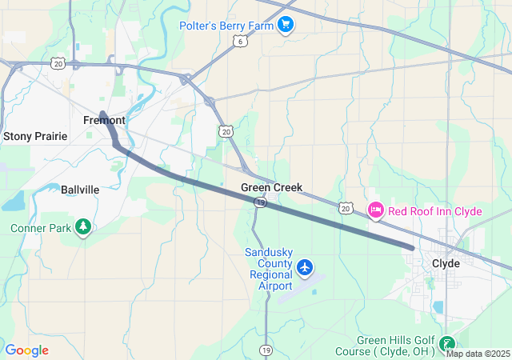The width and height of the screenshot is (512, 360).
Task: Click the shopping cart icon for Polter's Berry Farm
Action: pos(286,24)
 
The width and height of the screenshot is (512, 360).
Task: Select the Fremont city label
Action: pos(103,120)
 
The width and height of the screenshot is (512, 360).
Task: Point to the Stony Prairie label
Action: pos(35,136)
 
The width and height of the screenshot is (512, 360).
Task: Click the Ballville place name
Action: pos(80,190)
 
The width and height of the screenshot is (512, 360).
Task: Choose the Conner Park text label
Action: pos(42,228)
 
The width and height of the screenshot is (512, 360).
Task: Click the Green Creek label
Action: pos(272,187)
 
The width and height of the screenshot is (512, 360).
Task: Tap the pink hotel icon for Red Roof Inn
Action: pos(375,210)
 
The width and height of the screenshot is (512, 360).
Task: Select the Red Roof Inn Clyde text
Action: pos(434,211)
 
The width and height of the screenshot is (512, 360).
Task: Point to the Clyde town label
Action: pos(446,262)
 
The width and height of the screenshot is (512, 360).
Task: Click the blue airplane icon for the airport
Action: pos(305,268)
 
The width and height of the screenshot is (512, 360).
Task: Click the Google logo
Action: pos(26,350)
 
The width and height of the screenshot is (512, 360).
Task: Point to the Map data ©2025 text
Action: pos(478,354)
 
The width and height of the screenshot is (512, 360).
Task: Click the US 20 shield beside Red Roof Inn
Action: pos(346,208)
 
